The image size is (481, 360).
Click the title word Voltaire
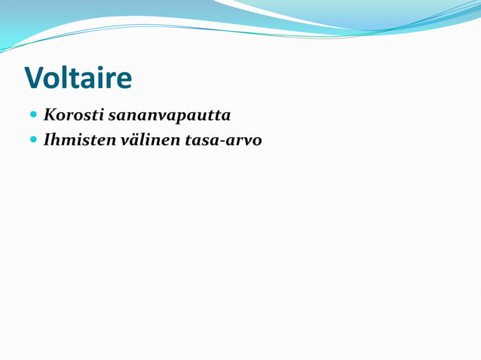tap(78, 78)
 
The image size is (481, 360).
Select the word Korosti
tap(73, 116)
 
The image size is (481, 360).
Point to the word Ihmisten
tap(79, 140)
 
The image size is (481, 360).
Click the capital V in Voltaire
tap(35, 78)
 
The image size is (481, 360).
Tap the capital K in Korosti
tap(50, 116)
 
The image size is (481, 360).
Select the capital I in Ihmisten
tap(47, 140)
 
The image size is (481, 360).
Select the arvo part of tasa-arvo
tap(243, 141)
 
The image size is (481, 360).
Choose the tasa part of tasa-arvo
tap(199, 141)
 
